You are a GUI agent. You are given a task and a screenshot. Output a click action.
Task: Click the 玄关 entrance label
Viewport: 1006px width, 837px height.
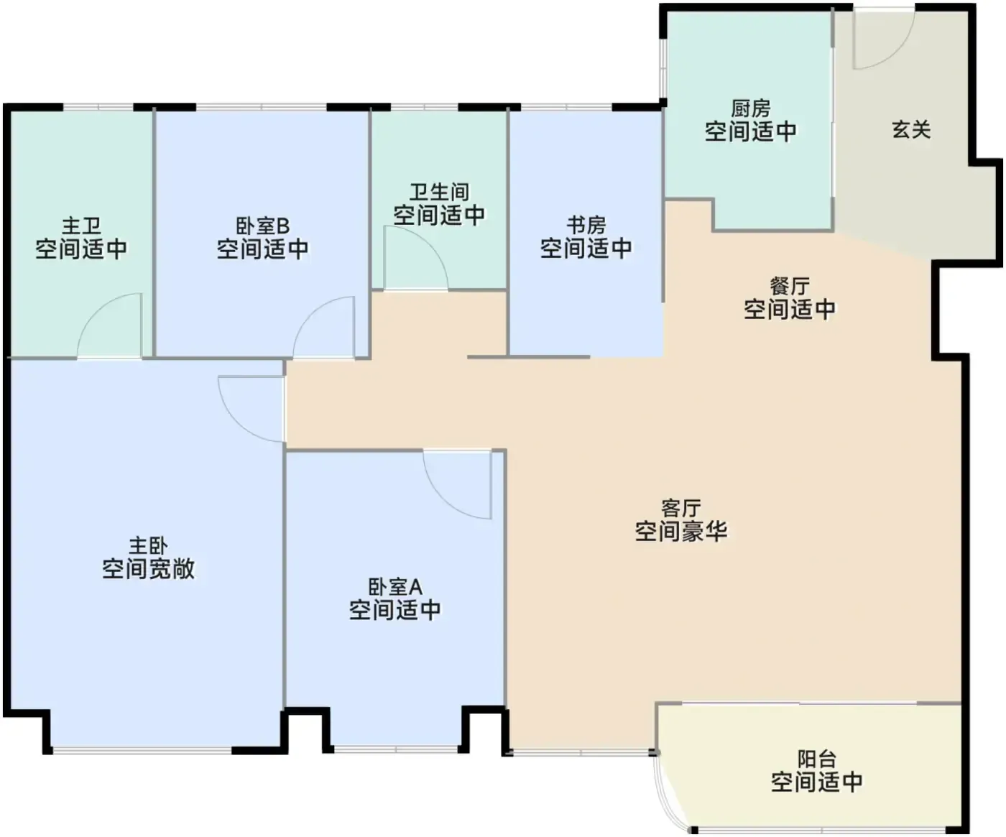[x=911, y=129]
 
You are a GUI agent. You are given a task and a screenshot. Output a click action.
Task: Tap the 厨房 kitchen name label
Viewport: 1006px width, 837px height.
[x=751, y=108]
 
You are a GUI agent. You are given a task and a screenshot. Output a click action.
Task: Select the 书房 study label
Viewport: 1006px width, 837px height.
[x=586, y=225]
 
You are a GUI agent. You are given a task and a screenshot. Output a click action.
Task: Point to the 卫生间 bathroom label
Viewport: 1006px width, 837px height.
[x=439, y=192]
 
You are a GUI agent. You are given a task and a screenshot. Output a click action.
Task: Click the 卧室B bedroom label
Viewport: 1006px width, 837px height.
[x=262, y=226]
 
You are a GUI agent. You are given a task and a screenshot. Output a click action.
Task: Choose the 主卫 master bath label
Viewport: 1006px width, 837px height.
[x=81, y=226]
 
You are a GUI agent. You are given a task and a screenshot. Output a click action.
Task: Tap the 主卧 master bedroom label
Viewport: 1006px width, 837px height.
[x=149, y=546]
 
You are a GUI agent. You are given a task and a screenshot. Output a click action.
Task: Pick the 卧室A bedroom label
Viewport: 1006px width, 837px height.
[x=395, y=587]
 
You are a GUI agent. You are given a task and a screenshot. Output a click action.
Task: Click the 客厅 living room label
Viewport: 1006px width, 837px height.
[x=680, y=508]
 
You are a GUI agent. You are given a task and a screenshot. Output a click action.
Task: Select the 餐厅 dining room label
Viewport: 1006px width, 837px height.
[x=790, y=286]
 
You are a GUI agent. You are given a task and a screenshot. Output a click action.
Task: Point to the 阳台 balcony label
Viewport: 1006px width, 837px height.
[x=816, y=759]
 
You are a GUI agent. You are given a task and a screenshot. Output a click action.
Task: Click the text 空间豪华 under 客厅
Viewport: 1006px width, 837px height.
[x=680, y=531]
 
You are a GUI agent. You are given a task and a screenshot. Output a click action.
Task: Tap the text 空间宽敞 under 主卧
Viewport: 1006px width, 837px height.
[x=149, y=569]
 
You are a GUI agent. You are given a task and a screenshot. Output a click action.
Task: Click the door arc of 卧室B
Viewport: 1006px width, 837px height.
[x=311, y=314]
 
